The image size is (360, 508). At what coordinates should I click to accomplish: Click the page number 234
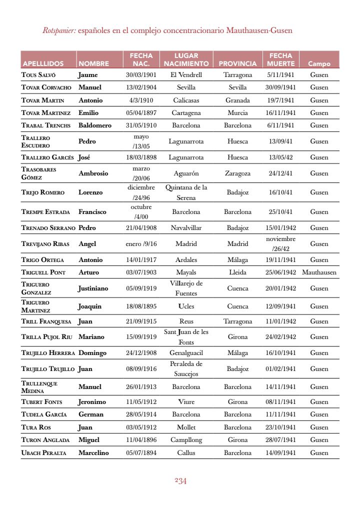pos(180,481)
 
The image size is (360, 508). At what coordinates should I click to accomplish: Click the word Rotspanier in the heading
pos(59,31)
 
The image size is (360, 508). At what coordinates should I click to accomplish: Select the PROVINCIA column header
pos(237,64)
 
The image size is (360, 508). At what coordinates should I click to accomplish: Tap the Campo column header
pos(319,64)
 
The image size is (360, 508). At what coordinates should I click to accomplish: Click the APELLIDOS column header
pos(43,64)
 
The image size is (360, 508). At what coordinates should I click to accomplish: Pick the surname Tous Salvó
pos(38,75)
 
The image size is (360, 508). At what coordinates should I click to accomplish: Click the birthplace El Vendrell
pos(186,75)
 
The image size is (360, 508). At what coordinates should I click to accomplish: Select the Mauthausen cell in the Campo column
pos(319,272)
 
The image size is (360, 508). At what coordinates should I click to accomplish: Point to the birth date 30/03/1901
pos(141,75)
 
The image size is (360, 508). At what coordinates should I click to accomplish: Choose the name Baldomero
pos(95,125)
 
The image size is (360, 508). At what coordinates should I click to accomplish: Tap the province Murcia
pos(237,113)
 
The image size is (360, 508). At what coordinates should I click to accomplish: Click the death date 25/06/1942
pos(280,272)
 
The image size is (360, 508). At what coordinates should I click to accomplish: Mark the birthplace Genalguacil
pos(186,353)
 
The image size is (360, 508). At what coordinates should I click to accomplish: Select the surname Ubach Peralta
pos(43,453)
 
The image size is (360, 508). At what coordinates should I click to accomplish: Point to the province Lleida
pos(237,272)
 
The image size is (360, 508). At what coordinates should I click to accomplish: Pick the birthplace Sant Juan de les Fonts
pos(186,337)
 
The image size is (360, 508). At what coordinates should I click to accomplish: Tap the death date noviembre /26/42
pos(280,244)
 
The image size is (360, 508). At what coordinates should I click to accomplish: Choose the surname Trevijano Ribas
pos(45,244)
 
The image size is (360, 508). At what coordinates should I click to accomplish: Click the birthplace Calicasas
pos(186,100)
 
